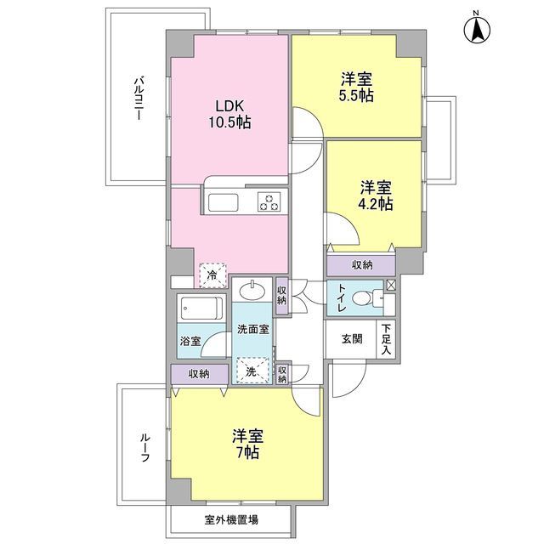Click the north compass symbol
click(478, 31)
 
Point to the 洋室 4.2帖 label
click(373, 195)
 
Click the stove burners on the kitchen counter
click(269, 202)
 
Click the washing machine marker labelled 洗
click(251, 371)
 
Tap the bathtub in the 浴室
click(201, 308)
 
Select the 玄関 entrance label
click(352, 338)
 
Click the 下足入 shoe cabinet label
click(386, 337)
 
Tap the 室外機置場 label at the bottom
click(231, 518)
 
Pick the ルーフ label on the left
click(144, 445)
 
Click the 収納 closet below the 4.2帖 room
click(361, 265)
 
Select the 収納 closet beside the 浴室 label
click(199, 372)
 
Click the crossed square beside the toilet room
click(390, 286)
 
